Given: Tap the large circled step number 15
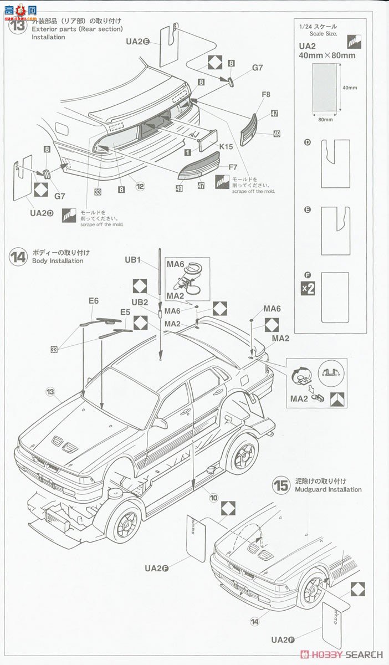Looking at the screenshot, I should (281, 486).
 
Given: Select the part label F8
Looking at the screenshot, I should (265, 95).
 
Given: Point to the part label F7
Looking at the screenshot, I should (232, 166).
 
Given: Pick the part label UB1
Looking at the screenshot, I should (133, 259).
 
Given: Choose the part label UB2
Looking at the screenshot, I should (140, 302).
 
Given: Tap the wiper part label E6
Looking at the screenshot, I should (94, 300).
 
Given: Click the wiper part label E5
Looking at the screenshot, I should (125, 312).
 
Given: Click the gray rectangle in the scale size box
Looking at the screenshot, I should (324, 87).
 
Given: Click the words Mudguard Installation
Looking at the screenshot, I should (327, 489).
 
